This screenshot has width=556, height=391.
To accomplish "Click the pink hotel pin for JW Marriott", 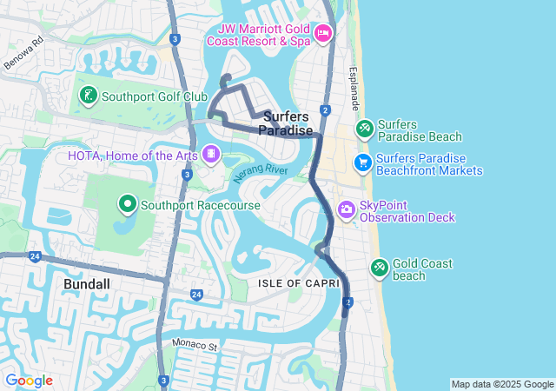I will (323, 33).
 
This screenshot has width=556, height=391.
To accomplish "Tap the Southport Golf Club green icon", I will (89, 96).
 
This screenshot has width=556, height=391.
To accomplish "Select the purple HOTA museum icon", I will (210, 155).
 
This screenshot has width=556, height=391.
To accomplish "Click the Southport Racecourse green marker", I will (128, 204).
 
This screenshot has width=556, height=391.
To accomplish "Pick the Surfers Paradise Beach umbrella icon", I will (365, 130).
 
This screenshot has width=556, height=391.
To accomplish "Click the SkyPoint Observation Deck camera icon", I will (346, 209).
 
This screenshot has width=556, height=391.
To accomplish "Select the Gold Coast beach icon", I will (379, 268).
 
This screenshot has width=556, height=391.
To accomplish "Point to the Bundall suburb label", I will (89, 284).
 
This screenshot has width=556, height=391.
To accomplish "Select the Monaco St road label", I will (195, 345).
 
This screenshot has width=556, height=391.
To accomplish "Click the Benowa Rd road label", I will (23, 54).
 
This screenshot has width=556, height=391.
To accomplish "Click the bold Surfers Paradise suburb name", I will (286, 123).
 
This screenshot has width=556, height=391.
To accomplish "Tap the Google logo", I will (29, 381).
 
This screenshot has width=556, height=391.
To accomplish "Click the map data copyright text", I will (501, 384).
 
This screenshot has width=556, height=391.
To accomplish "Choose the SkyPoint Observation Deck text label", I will (407, 211).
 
